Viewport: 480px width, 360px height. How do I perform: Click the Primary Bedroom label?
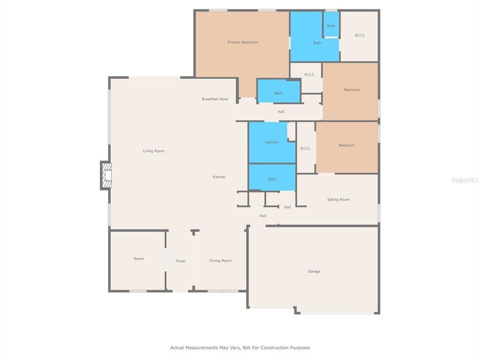242,42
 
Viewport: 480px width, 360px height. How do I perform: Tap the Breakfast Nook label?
215,99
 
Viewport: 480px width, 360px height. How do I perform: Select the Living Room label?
153,151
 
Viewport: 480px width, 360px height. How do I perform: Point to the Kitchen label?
219,177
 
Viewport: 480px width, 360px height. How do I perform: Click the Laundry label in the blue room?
271,142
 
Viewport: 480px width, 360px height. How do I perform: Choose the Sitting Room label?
338,199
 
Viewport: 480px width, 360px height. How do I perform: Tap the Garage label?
314,271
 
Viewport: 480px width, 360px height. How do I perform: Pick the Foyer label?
180,261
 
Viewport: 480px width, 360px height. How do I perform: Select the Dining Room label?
220,260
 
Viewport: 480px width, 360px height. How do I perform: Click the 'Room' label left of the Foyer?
138,258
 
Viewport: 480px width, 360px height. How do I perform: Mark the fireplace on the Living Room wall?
105,175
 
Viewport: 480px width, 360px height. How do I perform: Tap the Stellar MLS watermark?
465,179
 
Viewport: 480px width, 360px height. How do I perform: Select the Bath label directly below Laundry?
272,179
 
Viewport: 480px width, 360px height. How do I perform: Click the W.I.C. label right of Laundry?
305,148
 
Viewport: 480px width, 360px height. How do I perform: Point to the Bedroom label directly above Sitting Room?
346,145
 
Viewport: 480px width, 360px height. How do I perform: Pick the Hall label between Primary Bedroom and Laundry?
281,111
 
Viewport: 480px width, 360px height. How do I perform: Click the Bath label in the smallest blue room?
331,26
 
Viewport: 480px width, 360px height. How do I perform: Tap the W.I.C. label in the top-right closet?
360,35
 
